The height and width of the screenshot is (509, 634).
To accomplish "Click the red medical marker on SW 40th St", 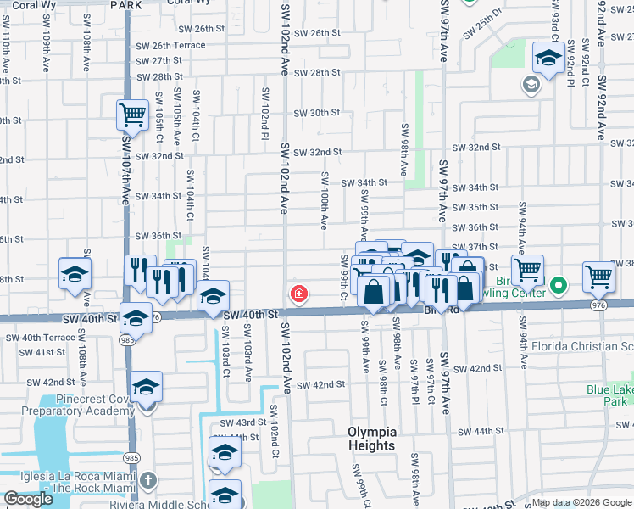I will [x=298, y=294].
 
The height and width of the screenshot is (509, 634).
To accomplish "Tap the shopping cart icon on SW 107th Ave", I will [x=132, y=115].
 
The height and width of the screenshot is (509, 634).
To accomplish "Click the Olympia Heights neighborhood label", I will [x=371, y=439].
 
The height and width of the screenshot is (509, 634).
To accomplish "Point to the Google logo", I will [x=28, y=499].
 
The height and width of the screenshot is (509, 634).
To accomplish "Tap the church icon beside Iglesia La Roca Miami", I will [x=148, y=481].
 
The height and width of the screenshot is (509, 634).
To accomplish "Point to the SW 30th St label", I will [x=317, y=113].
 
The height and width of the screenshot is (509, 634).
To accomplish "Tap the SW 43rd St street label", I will [x=243, y=422].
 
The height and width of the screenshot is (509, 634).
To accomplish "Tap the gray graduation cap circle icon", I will [x=531, y=85].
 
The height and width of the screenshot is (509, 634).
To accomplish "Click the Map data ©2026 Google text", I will [x=581, y=502].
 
